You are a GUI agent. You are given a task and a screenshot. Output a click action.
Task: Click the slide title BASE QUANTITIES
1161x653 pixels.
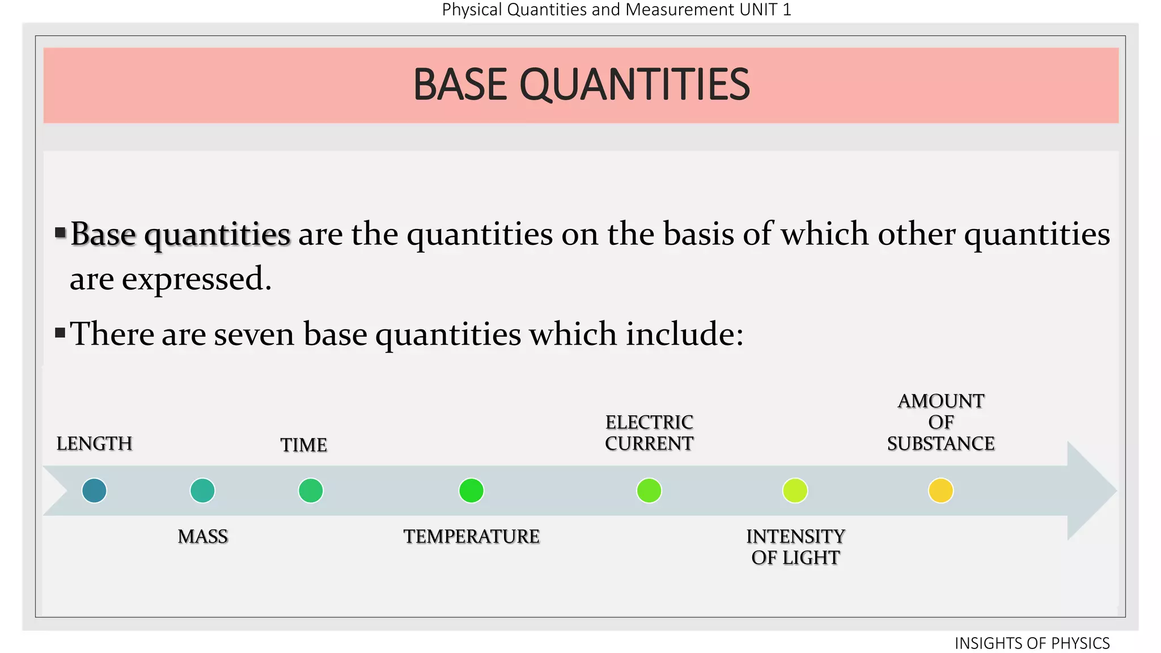581,85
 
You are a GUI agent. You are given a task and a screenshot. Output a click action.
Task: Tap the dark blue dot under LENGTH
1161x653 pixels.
94,491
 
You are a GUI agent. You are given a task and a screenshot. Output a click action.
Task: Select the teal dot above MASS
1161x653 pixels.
202,491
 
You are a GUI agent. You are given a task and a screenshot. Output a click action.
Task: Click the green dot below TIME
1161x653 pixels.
311,491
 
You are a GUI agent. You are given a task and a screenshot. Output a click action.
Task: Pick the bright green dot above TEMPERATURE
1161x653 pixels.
471,491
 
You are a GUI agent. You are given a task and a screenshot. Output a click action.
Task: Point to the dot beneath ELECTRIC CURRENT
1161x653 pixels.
649,491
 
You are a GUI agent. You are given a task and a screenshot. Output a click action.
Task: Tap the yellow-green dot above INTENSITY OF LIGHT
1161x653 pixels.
795,491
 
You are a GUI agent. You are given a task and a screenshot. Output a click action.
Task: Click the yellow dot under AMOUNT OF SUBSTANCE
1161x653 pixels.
941,491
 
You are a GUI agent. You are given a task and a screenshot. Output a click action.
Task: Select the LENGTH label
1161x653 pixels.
94,444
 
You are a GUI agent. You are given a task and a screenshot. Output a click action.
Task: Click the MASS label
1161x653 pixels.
202,537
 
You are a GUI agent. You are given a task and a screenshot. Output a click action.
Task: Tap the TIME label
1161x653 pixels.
304,446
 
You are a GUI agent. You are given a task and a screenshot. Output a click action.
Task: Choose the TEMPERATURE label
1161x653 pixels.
471,537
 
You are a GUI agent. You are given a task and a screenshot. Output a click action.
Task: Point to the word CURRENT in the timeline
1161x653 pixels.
649,444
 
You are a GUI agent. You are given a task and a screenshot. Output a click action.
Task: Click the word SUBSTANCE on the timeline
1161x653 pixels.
941,444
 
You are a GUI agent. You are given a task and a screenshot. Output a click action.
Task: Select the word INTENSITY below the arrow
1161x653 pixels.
795,537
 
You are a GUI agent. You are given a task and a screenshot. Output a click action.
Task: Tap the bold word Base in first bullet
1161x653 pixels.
103,235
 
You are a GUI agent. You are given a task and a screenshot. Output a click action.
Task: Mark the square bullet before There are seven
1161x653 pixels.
60,333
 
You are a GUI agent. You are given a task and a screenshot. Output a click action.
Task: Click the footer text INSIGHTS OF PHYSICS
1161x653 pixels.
1032,643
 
